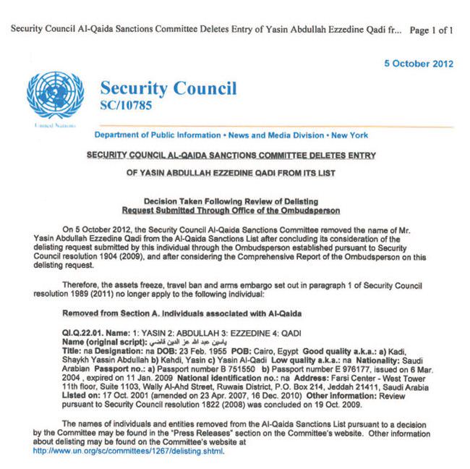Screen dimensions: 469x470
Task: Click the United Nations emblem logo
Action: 55,95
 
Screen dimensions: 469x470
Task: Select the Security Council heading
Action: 168,89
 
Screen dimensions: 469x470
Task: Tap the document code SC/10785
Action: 127,106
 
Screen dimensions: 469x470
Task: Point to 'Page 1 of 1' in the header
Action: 432,30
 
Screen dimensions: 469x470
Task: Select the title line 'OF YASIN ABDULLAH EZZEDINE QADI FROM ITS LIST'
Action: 231,173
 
